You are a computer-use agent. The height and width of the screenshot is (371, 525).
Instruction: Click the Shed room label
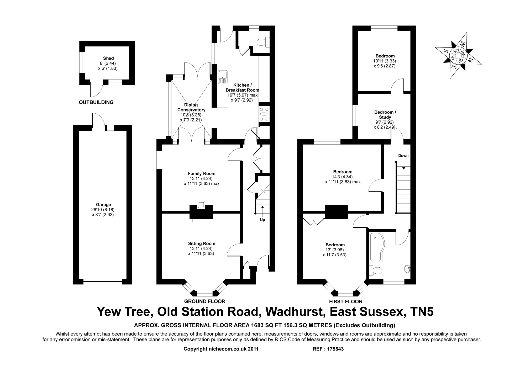[x=108, y=58]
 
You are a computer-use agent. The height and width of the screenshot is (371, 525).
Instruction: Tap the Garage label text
[x=103, y=205]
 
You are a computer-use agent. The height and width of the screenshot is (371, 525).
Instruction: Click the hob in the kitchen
[x=264, y=114]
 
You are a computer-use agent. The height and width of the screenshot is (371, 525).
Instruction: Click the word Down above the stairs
[x=403, y=156]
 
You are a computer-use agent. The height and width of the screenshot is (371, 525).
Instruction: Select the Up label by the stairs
[x=262, y=220]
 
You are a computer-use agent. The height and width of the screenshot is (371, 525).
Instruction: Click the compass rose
[x=458, y=55]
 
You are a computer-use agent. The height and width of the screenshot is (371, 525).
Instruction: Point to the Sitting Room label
[x=201, y=243]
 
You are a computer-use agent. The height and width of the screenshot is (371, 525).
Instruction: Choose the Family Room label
[x=201, y=173]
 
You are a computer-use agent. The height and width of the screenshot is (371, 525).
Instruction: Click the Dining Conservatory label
[x=191, y=107]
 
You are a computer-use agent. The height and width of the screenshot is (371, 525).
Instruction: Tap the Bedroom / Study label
[x=385, y=115]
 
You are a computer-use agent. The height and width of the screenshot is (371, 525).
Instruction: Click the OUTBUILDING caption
[x=96, y=102]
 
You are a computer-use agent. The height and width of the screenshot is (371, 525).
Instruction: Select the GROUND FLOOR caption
[x=204, y=301]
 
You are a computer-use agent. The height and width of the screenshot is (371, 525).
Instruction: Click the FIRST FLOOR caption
[x=346, y=301]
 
